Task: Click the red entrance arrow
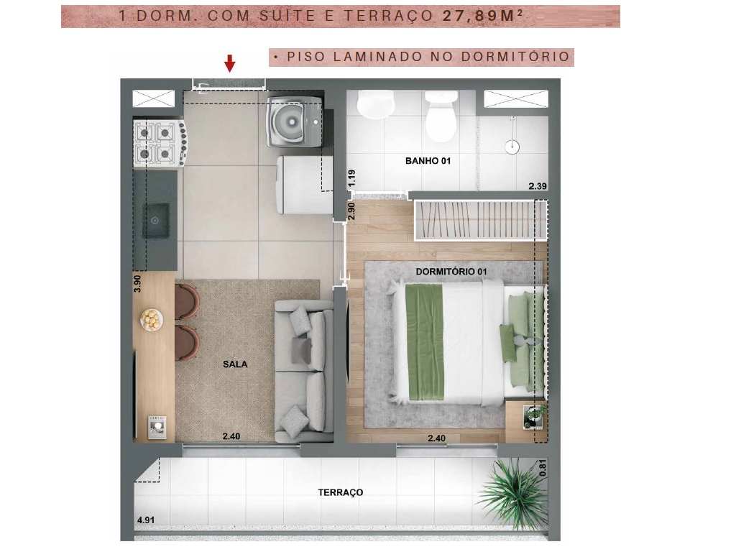tap(229, 63)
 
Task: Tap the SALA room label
tap(235, 364)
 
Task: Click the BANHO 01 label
tap(428, 161)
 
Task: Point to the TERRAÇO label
tap(341, 492)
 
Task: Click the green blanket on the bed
tap(425, 341)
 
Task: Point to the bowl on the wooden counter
tap(152, 318)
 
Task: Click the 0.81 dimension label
tap(543, 468)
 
